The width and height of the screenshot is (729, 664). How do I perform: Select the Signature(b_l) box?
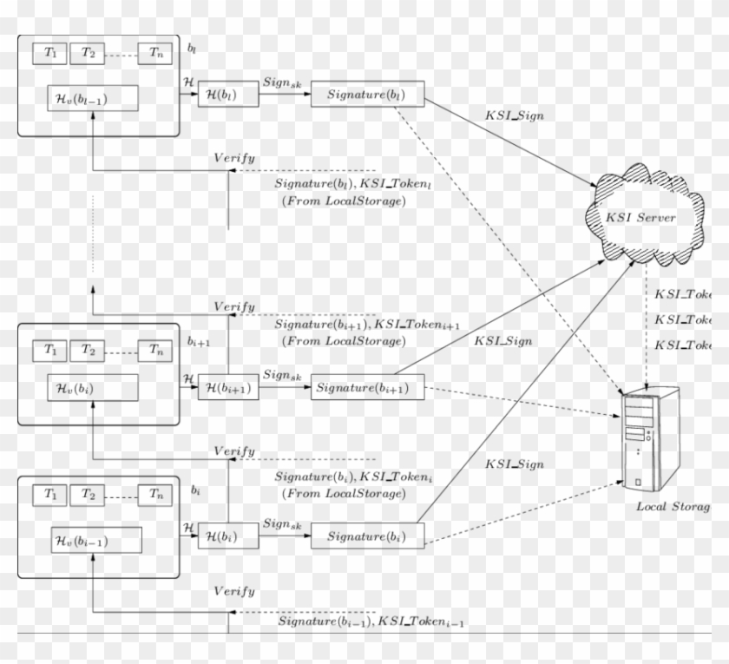(x=367, y=94)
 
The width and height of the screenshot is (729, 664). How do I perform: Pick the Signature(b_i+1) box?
(x=367, y=388)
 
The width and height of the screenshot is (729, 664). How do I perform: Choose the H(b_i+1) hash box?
(x=228, y=388)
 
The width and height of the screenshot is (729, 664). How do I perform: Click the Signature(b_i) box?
(x=367, y=536)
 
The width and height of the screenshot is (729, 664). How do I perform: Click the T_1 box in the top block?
(x=50, y=53)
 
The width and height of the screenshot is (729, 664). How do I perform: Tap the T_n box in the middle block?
(x=154, y=351)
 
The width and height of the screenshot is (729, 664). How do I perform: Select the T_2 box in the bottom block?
(x=87, y=494)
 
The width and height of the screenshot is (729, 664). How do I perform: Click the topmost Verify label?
(x=234, y=157)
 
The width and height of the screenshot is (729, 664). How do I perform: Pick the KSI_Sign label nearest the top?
(x=515, y=115)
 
